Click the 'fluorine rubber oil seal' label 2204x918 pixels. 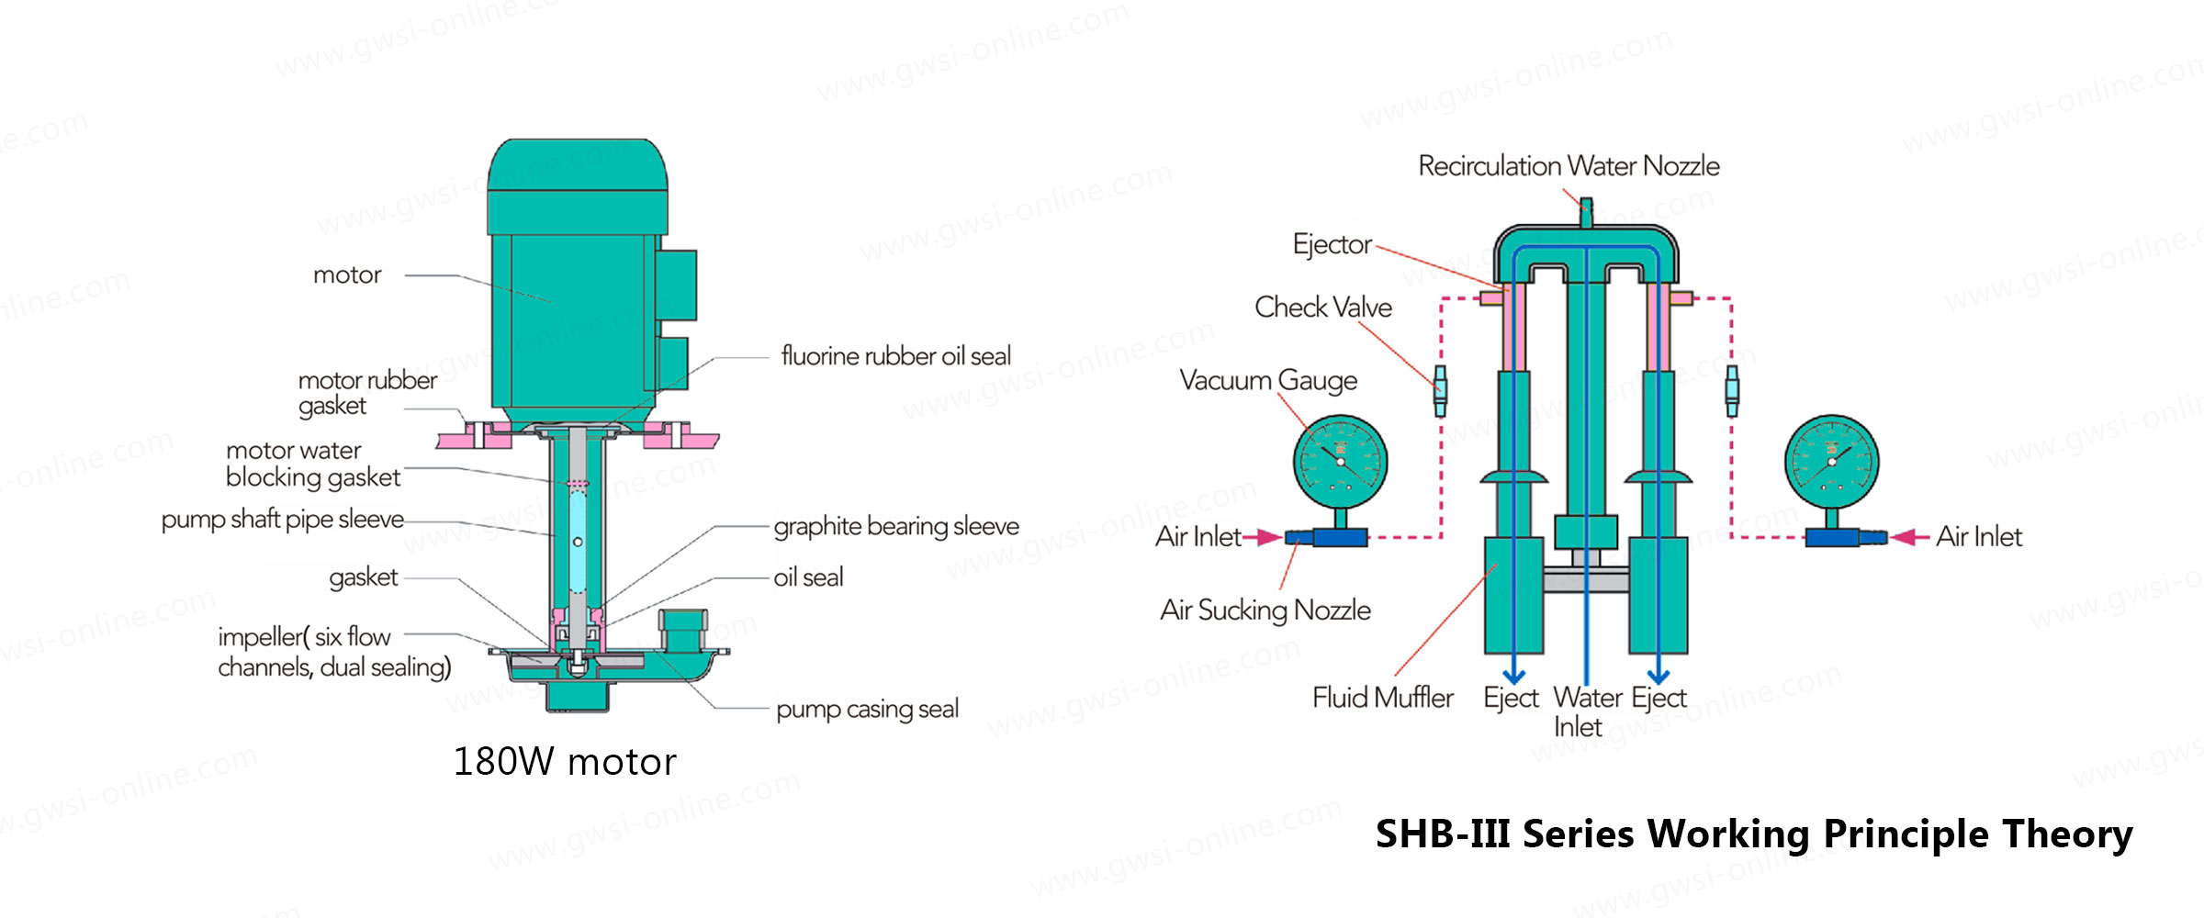pyautogui.click(x=895, y=355)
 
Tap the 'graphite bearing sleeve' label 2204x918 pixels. pyautogui.click(x=896, y=526)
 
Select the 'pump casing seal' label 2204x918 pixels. pyautogui.click(x=867, y=710)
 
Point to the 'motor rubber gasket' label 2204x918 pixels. pyautogui.click(x=367, y=393)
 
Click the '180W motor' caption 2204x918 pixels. pyautogui.click(x=565, y=762)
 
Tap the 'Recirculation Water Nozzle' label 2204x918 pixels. pyautogui.click(x=1569, y=166)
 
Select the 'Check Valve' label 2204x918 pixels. pyautogui.click(x=1323, y=307)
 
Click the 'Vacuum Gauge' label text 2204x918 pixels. pyautogui.click(x=1268, y=381)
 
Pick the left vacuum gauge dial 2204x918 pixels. pyautogui.click(x=1340, y=462)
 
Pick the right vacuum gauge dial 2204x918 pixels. pyautogui.click(x=1831, y=462)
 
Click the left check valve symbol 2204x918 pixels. pyautogui.click(x=1440, y=391)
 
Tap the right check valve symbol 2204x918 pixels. pyautogui.click(x=1732, y=391)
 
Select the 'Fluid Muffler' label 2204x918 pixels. pyautogui.click(x=1383, y=698)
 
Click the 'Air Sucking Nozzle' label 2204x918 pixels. pyautogui.click(x=1265, y=610)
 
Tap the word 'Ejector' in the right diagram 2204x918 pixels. pyautogui.click(x=1333, y=244)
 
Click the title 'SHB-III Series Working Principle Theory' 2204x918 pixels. pyautogui.click(x=1754, y=834)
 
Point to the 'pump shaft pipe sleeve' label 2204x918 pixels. pyautogui.click(x=283, y=520)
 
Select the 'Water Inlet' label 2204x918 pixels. pyautogui.click(x=1588, y=711)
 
